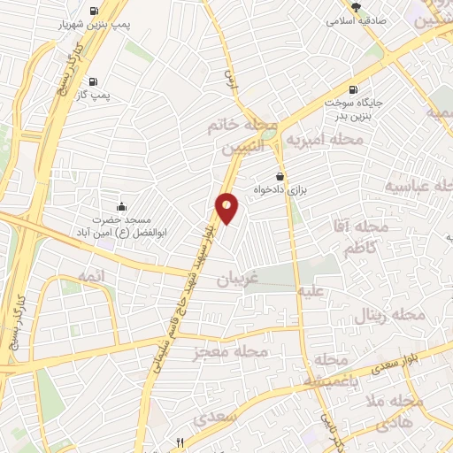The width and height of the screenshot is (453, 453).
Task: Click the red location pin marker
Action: [227, 209]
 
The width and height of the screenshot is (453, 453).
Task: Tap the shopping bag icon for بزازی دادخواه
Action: [280, 175]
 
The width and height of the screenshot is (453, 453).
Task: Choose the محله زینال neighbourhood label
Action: [389, 314]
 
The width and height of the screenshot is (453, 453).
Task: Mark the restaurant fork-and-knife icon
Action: [180, 441]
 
